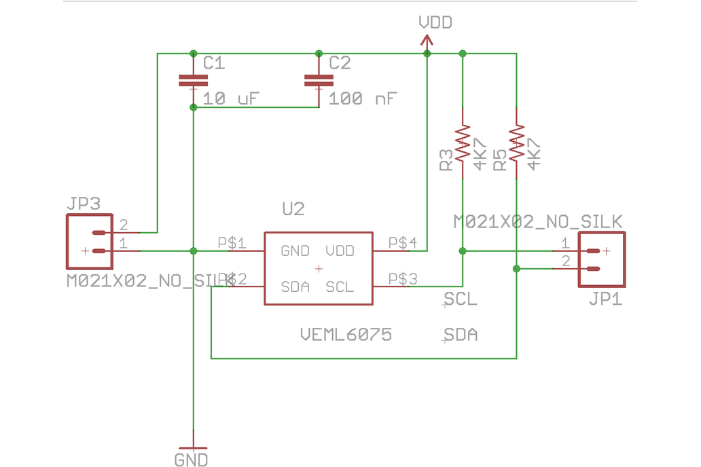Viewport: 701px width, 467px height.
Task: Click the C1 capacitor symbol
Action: coord(194,81)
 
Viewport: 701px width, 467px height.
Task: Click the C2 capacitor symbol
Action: coord(319,81)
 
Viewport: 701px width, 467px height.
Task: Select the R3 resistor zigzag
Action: coord(463,143)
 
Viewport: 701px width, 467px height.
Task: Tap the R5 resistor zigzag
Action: coord(517,143)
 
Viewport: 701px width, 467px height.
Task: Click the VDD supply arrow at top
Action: coord(427,41)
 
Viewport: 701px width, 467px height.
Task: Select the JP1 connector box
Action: coord(601,259)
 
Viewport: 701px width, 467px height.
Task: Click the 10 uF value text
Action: coord(231,98)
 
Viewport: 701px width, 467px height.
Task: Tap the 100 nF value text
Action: coord(363,98)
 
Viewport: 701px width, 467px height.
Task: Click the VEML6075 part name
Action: coord(346,334)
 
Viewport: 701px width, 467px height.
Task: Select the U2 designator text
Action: coord(293,209)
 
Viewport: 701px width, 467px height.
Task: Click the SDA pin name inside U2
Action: coord(295,287)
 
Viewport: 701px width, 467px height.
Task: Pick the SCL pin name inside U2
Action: coord(340,287)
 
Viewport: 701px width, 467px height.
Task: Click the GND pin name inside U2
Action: coord(295,251)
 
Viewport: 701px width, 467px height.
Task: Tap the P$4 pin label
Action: coord(403,242)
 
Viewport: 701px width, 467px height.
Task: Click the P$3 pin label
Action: coord(403,278)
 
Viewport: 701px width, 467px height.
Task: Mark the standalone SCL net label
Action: coord(461,299)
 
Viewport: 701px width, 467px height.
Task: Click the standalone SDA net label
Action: coord(461,335)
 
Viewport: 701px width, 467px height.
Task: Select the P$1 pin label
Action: coord(232,242)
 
